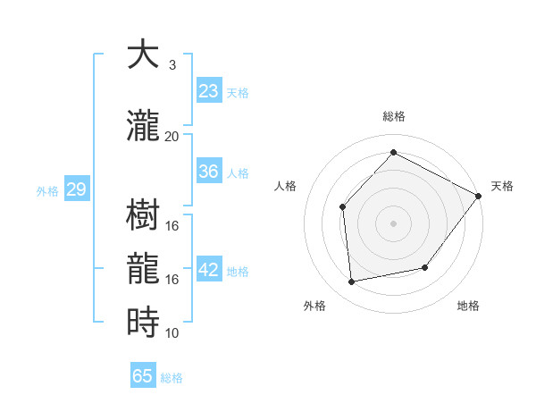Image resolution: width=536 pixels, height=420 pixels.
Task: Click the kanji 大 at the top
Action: click(144, 56)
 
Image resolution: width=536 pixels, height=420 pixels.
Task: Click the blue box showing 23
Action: click(208, 91)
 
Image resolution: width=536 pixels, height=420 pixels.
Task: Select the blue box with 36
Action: click(208, 172)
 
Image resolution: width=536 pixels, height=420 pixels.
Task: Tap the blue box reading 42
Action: click(209, 271)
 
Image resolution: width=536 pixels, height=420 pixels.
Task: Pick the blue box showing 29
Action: click(76, 189)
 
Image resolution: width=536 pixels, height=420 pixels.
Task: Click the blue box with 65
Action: click(143, 376)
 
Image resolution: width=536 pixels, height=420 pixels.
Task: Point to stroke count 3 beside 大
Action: click(172, 65)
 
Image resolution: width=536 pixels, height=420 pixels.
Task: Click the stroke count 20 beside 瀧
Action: click(172, 137)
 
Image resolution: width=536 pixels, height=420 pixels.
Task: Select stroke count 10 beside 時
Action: click(172, 332)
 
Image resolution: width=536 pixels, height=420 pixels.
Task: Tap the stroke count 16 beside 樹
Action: click(172, 226)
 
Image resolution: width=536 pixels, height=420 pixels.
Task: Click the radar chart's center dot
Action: click(393, 223)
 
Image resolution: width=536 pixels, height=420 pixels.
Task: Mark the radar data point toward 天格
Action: click(478, 196)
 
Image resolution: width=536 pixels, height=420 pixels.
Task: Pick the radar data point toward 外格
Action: click(352, 282)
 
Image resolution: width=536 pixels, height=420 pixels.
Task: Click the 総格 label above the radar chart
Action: click(393, 116)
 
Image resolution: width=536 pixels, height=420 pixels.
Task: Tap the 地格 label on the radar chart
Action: click(468, 306)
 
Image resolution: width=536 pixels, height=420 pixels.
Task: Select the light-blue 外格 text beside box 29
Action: click(47, 190)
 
